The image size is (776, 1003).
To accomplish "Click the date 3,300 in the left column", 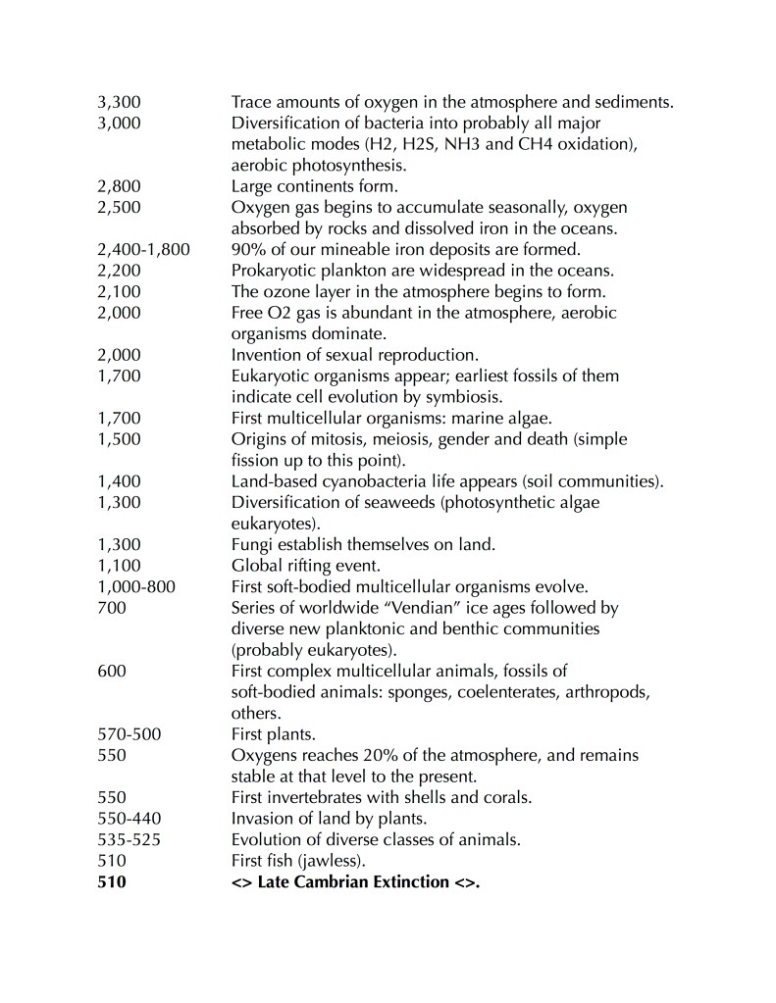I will (119, 101).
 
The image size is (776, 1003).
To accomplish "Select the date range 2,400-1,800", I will (144, 248).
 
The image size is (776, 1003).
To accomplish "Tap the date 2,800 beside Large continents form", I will (119, 184).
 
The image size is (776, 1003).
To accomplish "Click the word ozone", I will (286, 290).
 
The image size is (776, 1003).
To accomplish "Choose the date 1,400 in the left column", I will (119, 480).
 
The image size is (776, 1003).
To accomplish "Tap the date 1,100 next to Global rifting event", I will (119, 566).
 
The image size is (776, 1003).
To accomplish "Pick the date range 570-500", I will (130, 734).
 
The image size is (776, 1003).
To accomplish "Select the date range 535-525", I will (130, 840).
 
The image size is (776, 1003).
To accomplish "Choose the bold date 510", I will (113, 882).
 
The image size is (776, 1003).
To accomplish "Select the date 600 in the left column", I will (113, 671).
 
